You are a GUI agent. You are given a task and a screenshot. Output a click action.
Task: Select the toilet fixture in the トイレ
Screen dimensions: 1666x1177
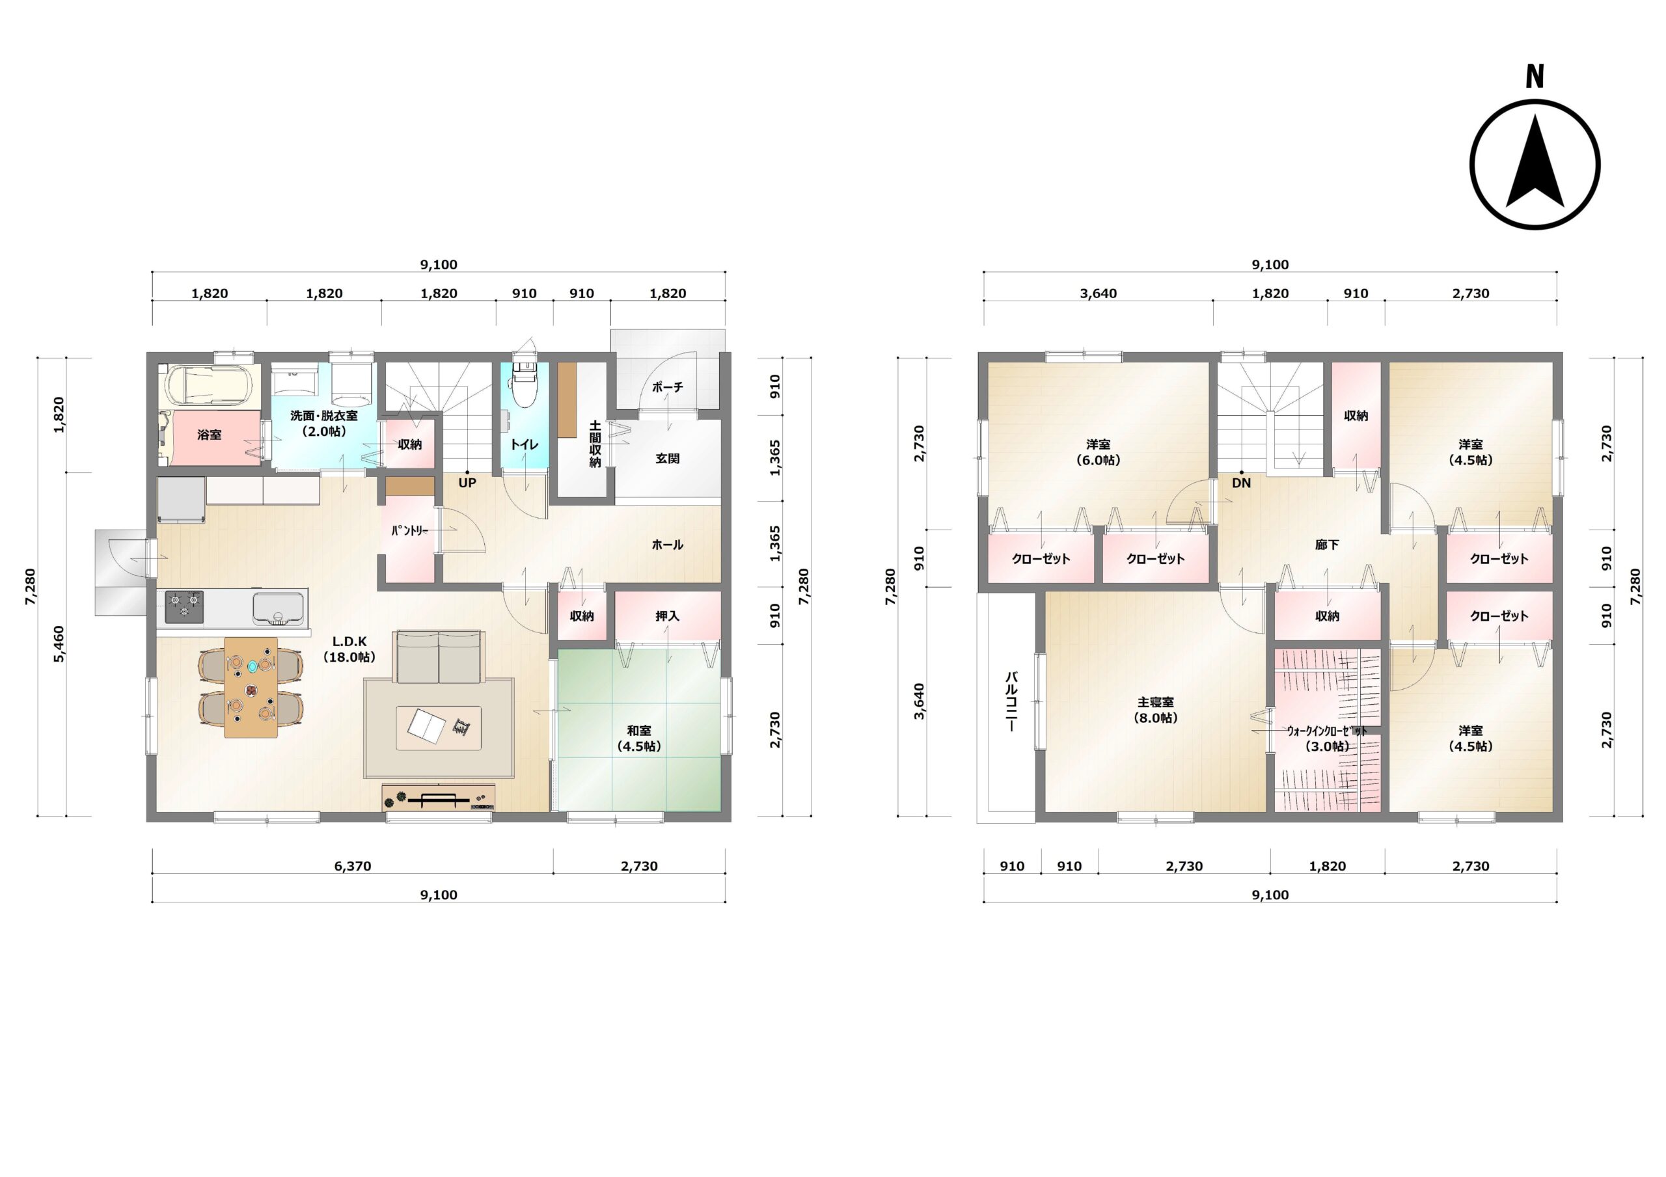[x=524, y=381]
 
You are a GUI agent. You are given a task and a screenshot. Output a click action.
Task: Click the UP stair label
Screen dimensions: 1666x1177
[x=467, y=483]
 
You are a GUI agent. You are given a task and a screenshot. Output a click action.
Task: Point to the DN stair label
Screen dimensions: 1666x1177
[x=1242, y=483]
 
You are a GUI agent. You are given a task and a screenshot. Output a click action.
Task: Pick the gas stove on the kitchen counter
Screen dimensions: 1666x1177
[x=184, y=606]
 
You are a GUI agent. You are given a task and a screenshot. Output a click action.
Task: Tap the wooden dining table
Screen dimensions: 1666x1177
[x=251, y=687]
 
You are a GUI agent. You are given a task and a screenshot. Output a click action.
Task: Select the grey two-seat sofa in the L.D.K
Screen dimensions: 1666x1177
[x=438, y=656]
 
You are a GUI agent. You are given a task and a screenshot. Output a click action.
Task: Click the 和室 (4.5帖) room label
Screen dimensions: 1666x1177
[x=639, y=738]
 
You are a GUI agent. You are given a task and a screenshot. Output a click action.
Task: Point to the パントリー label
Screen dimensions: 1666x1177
[x=410, y=530]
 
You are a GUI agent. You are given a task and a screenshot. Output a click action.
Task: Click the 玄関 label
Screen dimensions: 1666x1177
[x=668, y=459]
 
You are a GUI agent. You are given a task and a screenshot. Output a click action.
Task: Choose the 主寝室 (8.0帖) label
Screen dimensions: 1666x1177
[x=1156, y=710]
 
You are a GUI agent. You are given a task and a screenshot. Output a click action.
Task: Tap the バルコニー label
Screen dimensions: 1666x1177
[x=1011, y=701]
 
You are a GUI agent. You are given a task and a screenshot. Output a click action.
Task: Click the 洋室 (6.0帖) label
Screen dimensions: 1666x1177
[x=1099, y=452]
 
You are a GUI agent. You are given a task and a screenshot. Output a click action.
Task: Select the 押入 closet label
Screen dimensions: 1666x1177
[x=668, y=616]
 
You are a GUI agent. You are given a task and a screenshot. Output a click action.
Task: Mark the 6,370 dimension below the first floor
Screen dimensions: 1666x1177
[x=353, y=867]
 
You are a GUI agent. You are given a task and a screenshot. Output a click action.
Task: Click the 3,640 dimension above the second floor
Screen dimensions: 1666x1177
[x=1099, y=294]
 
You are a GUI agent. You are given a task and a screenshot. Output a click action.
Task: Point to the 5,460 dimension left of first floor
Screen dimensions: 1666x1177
[x=59, y=644]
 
